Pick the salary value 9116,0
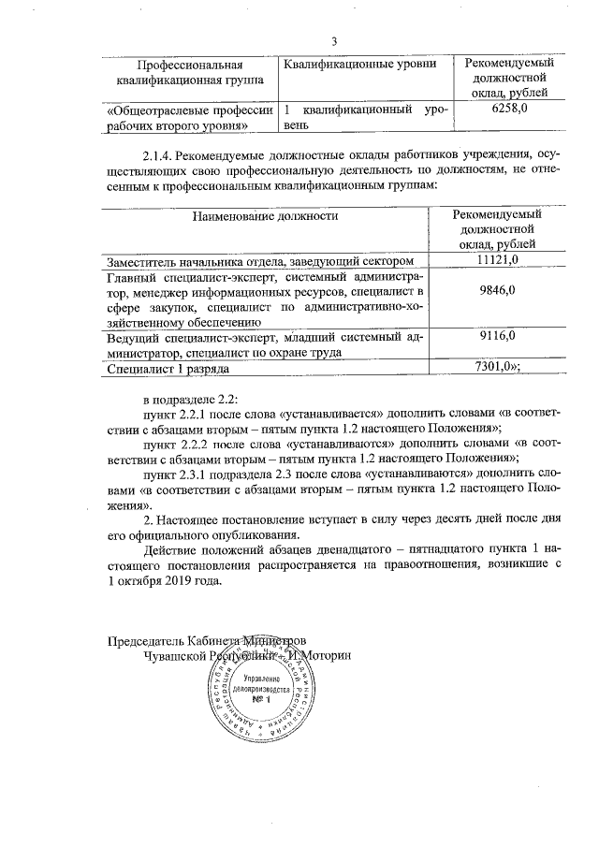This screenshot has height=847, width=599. (497, 335)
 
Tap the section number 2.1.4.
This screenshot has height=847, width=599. (158, 153)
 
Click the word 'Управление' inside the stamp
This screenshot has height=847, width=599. (259, 676)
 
